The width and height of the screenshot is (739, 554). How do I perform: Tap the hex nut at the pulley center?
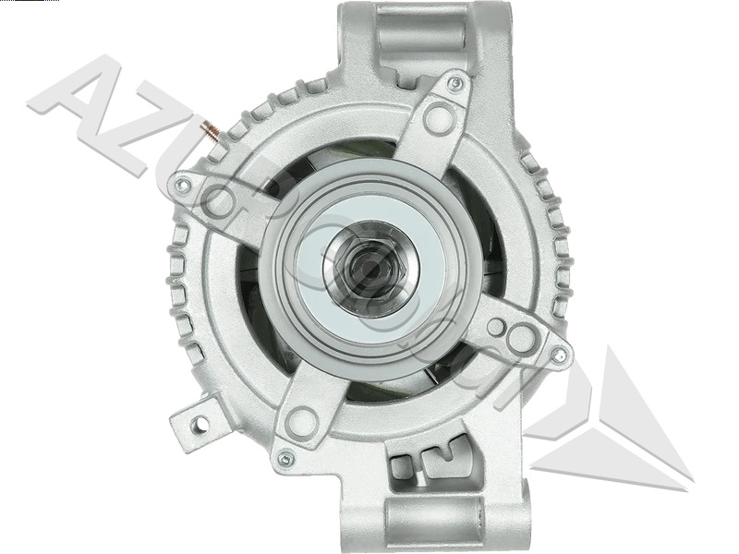[x=369, y=262]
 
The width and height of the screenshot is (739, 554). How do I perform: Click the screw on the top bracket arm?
[x=454, y=85]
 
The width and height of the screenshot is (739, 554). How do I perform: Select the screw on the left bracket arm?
[x=183, y=186]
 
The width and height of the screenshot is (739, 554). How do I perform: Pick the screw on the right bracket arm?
[x=557, y=353]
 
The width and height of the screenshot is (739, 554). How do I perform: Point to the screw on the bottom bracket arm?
[x=285, y=457]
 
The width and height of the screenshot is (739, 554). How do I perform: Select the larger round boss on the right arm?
[x=521, y=339]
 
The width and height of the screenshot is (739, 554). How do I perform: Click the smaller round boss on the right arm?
[x=496, y=327]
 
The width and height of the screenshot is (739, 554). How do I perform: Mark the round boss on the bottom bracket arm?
[x=302, y=422]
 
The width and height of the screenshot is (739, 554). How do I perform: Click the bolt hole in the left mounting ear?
[x=199, y=424]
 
